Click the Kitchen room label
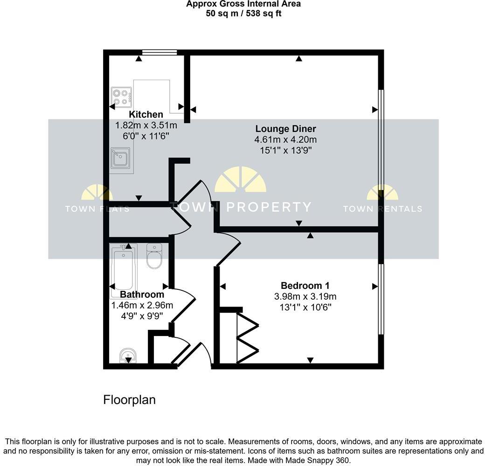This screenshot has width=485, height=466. point(146,115)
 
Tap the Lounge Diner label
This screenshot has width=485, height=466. point(285,129)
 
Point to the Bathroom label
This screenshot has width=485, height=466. point(142,295)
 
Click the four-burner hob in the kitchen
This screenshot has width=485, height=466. point(121,97)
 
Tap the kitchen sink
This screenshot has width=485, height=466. point(120,158)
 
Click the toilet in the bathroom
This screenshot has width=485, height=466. point(154,256)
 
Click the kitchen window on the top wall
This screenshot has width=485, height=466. point(159,53)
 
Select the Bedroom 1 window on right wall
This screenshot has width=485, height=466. point(381,299)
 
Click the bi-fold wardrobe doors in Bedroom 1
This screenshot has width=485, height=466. point(247,338)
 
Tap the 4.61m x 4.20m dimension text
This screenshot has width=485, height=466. point(285,140)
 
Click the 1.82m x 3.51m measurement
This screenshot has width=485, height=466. point(146,125)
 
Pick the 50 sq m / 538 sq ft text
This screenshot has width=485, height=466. point(243,14)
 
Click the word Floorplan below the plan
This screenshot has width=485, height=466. point(129,400)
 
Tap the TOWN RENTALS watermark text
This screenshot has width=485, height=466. point(382,209)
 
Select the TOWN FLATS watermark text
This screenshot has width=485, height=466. point(97,209)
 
